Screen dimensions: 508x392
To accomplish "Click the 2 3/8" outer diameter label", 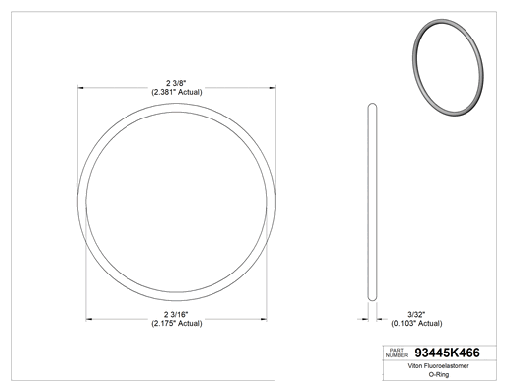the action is [176, 83].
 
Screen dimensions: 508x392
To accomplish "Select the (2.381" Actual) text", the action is [177, 92].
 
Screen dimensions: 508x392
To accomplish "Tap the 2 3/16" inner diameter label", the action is [176, 315].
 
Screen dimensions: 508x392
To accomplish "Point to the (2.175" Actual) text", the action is [177, 324].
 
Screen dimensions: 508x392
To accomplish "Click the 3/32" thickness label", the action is [416, 315].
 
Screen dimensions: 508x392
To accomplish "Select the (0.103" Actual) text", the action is [417, 324].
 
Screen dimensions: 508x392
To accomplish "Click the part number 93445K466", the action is [447, 353].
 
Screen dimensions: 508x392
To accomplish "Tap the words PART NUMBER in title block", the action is [397, 353].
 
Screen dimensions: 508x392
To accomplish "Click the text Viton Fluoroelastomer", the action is [438, 366].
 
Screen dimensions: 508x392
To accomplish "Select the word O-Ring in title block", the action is [439, 374].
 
